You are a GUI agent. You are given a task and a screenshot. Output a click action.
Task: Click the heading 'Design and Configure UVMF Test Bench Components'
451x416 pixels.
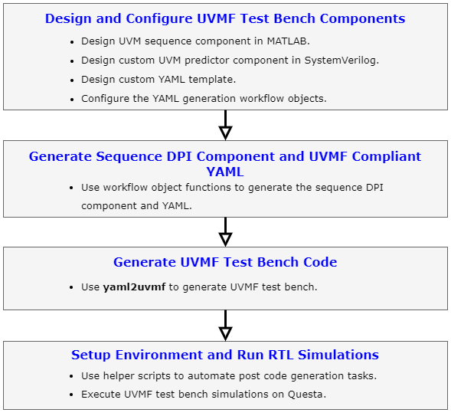click(225, 18)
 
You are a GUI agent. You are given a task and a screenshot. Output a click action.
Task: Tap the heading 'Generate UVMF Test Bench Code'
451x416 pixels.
click(225, 262)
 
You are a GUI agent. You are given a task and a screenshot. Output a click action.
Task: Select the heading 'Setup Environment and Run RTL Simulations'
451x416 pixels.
click(225, 355)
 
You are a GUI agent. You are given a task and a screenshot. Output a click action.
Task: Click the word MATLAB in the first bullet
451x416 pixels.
click(266, 41)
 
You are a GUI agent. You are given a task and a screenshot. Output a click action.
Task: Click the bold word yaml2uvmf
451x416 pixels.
click(134, 287)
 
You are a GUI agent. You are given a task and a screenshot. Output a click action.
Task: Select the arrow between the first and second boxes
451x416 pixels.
click(225, 125)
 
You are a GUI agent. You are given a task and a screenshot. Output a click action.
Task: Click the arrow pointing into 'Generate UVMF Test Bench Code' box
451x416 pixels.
click(225, 231)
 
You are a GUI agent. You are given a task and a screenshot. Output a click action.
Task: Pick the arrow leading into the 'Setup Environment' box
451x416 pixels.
click(225, 325)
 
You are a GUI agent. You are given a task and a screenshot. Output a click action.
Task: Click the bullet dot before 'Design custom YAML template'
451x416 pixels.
click(72, 80)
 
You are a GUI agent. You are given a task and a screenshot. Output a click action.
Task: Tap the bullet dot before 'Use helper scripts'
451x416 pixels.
click(72, 376)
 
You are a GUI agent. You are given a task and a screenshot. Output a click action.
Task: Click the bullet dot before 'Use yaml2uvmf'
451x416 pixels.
click(72, 287)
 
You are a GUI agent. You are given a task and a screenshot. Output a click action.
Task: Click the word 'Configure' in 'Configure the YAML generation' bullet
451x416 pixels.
click(106, 98)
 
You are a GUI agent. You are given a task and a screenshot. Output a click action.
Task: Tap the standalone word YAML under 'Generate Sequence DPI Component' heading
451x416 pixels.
click(225, 172)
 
